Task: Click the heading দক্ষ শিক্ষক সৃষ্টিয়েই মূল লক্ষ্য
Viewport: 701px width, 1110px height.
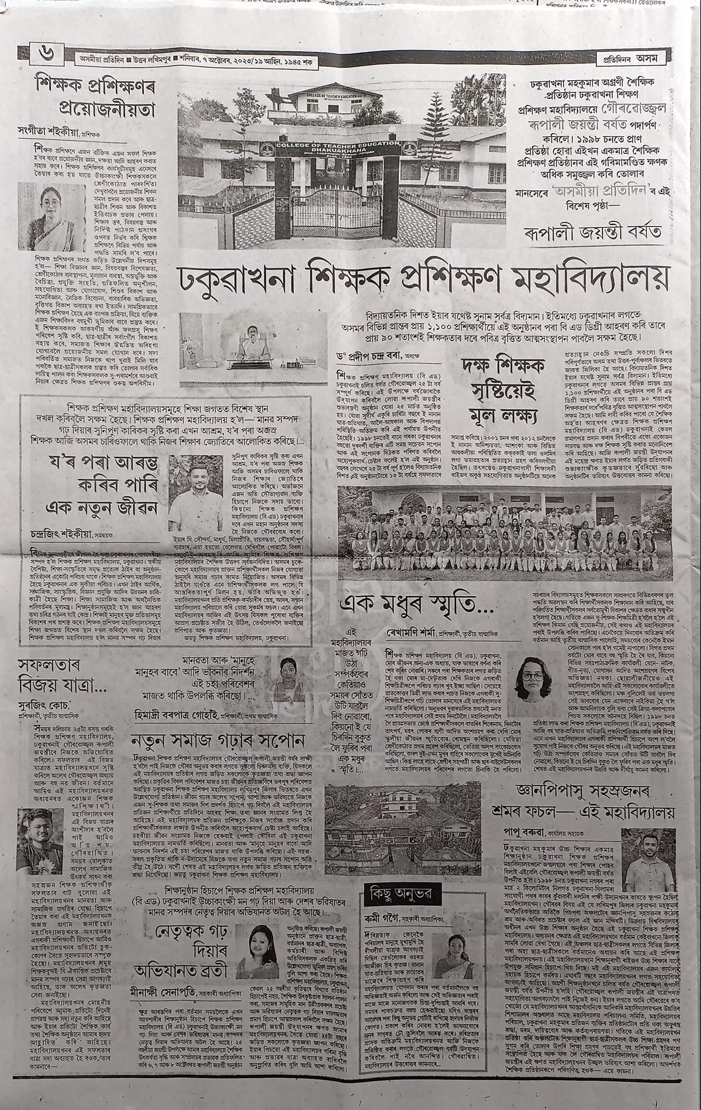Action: (x=501, y=399)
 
